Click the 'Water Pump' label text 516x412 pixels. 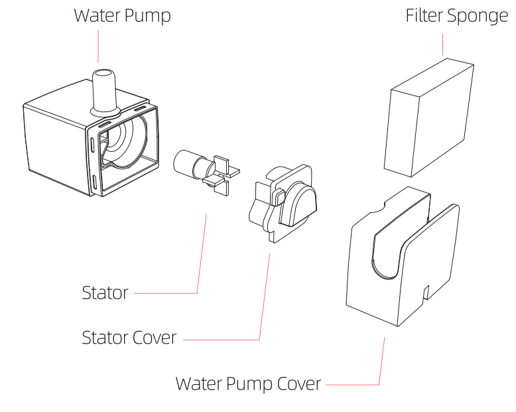122,16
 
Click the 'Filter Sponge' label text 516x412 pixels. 456,16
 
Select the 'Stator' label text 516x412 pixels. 105,293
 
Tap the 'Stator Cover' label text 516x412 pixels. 129,338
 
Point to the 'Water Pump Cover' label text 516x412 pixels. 248,383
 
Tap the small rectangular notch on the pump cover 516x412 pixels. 427,292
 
